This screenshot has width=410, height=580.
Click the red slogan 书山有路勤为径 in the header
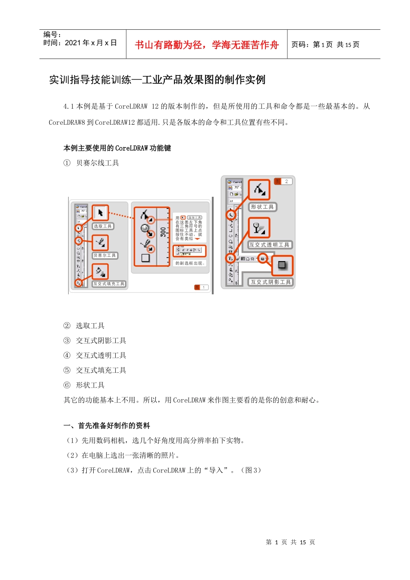(x=207, y=45)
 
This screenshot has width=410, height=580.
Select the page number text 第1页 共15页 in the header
(x=325, y=44)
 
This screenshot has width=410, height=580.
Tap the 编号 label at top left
(x=52, y=34)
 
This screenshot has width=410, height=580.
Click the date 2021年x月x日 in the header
(x=80, y=43)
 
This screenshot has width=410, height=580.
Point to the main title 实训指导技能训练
(x=157, y=80)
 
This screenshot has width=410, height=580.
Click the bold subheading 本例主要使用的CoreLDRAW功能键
(x=117, y=148)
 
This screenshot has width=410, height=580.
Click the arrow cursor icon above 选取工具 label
(x=101, y=213)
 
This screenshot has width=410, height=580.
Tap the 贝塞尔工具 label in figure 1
(x=104, y=255)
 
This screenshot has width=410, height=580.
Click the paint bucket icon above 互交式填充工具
(x=100, y=272)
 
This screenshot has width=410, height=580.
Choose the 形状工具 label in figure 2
(x=262, y=207)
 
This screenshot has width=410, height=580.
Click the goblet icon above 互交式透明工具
(x=259, y=228)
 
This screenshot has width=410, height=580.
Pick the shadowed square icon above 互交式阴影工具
(x=282, y=265)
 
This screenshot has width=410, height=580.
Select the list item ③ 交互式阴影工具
(x=95, y=341)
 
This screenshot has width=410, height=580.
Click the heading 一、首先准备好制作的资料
(x=107, y=426)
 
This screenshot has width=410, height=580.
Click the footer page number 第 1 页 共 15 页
(x=290, y=542)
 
